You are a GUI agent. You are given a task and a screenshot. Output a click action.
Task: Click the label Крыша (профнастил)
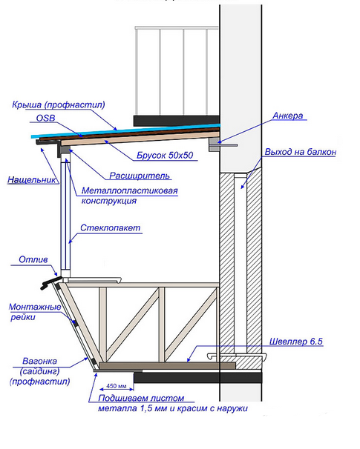[59, 104]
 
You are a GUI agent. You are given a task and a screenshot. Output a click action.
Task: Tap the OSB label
[45, 118]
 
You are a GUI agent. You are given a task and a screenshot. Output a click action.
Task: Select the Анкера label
[287, 116]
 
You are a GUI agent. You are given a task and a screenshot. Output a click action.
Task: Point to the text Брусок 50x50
[165, 155]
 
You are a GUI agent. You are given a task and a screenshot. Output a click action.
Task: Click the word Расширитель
[140, 176]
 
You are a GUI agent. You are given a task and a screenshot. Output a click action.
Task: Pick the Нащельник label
[32, 180]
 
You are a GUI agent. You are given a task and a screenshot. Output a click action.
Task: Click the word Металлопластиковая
[130, 190]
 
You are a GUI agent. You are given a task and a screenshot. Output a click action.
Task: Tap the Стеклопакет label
[110, 228]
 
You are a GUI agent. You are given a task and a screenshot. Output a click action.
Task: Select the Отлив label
[33, 260]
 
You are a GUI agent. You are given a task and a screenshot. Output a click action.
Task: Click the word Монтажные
[35, 307]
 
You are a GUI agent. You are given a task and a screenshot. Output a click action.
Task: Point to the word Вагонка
[39, 361]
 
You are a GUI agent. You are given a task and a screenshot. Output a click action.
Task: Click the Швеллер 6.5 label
[295, 342]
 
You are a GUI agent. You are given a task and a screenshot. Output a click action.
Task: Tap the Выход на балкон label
[300, 152]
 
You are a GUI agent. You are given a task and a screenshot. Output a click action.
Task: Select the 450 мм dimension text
[117, 386]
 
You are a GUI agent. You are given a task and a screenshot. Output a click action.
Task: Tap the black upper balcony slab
[177, 121]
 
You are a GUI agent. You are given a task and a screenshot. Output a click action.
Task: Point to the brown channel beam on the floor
[167, 365]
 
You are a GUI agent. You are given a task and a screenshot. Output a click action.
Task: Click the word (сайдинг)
[39, 371]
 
